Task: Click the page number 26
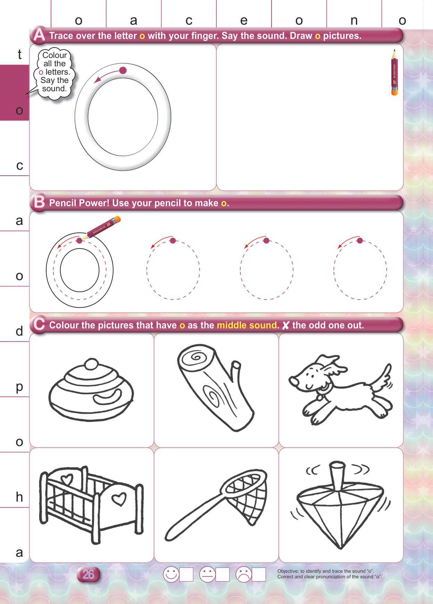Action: click(88, 574)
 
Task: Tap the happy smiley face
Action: click(171, 574)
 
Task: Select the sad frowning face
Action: click(244, 574)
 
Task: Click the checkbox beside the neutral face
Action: click(223, 574)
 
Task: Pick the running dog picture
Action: click(340, 389)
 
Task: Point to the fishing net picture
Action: click(216, 505)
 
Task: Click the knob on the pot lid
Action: click(92, 364)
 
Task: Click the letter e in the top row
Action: click(244, 20)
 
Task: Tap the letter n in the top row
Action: click(354, 20)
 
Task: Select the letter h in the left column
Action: click(19, 497)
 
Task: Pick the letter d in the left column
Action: click(19, 331)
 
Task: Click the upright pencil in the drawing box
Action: click(394, 72)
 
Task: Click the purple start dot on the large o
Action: click(123, 70)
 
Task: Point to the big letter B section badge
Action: click(39, 202)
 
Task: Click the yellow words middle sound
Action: click(247, 325)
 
